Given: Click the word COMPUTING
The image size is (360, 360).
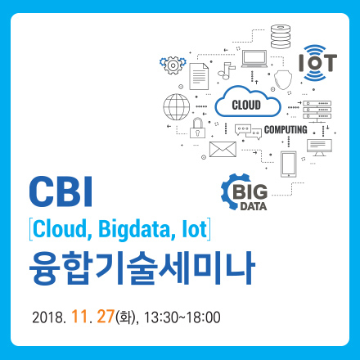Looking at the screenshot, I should (x=286, y=130).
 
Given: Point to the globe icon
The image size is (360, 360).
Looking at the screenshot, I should (x=176, y=106).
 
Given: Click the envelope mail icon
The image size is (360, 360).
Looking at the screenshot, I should (x=222, y=149).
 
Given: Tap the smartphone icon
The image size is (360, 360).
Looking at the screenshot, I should (x=287, y=164).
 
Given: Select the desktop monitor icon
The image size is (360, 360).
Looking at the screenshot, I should (x=319, y=146).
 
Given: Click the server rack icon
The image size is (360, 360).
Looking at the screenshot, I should (x=317, y=107).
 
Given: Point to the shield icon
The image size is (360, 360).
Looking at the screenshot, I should (x=282, y=79).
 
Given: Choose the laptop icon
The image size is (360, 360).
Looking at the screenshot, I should (x=254, y=59).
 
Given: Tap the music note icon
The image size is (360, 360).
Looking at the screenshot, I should (x=226, y=69).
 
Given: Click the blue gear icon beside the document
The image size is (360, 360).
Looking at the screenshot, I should (x=173, y=63).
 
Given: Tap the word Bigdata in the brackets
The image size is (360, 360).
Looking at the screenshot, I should (x=130, y=227).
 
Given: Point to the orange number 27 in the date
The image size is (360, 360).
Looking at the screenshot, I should (x=104, y=314).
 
